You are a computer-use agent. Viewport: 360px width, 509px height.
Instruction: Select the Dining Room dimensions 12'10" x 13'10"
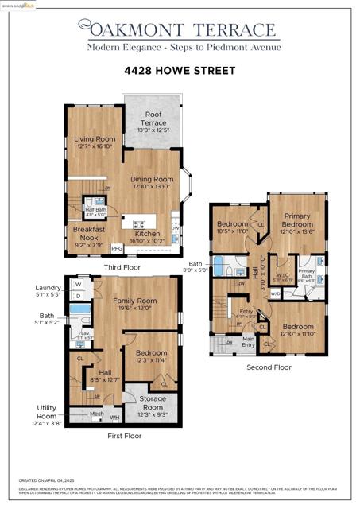point(151,186)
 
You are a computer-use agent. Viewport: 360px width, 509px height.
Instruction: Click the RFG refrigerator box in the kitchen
point(117,247)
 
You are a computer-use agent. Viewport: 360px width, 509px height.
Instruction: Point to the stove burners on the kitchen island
point(139,224)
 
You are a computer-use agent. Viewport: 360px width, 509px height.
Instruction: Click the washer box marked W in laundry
point(78,284)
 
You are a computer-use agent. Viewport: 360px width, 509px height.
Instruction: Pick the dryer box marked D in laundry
point(78,296)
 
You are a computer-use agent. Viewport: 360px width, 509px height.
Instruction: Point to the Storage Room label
point(152,399)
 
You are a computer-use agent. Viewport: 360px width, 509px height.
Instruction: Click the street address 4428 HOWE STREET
point(180,71)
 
